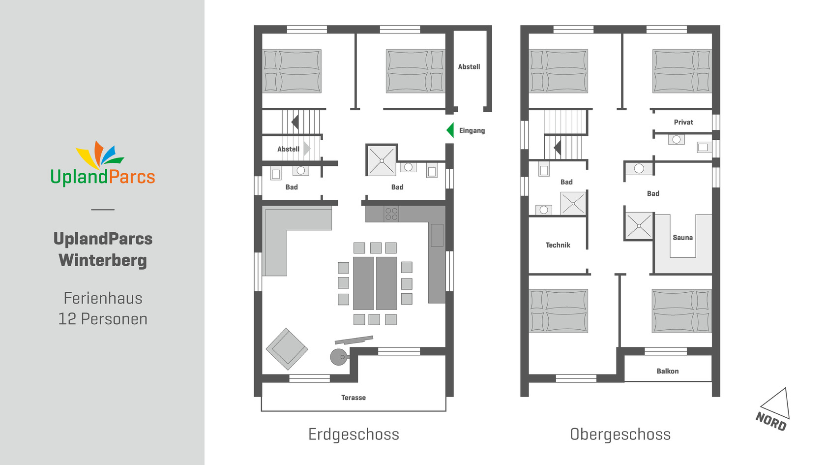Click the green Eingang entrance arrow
pos(450,130)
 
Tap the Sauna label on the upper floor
pos(682,238)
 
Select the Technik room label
pos(558,245)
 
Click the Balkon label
pos(668,371)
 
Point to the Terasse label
pos(353,398)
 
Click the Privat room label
pos(683,122)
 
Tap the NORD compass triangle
pos(777,403)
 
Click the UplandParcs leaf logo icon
pos(99,155)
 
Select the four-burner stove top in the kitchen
pos(391,214)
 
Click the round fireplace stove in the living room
pos(339,357)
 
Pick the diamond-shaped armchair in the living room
pos(287,349)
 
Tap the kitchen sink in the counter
pos(437,235)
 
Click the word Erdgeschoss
pos(354,434)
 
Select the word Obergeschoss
pos(620,434)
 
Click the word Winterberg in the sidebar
pos(103,260)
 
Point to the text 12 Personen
pos(103,319)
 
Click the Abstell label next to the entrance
pos(469,67)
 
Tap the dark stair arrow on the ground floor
pos(295,122)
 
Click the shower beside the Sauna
pos(639,226)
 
